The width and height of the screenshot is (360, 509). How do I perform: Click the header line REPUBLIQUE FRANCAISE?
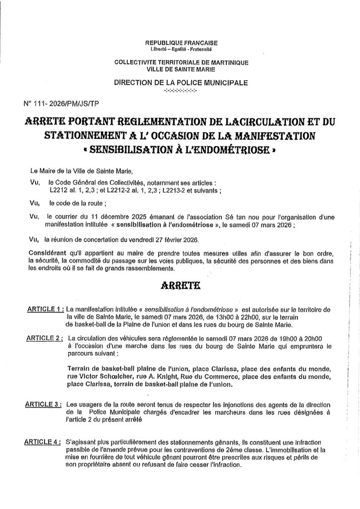[x=180, y=43]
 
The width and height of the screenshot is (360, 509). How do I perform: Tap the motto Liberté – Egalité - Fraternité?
[x=180, y=50]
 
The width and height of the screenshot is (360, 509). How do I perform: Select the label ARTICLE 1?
[x=45, y=309]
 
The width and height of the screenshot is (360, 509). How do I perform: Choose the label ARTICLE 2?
[x=45, y=338]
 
